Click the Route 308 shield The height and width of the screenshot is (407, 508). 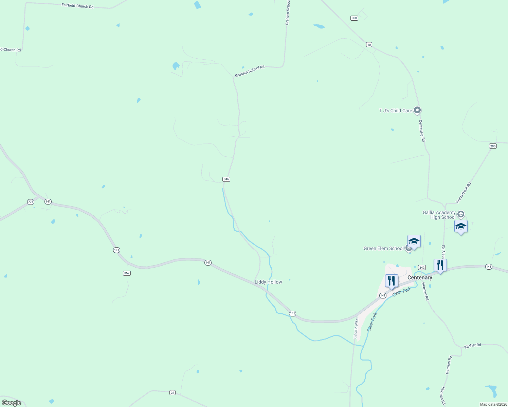pos(354,18)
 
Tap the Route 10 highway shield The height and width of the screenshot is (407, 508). pos(369,44)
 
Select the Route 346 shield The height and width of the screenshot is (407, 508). pos(226,179)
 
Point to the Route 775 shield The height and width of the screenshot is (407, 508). pos(31,202)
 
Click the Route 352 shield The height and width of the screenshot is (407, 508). pos(127,273)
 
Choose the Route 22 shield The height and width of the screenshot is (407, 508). pos(173,392)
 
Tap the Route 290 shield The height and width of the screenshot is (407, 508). pos(493,146)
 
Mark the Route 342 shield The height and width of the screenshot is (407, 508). pos(422,268)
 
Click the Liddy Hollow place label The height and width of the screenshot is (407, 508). pos(268,282)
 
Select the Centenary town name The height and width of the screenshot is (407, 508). pos(420,277)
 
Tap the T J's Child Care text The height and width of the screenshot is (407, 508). pos(395,111)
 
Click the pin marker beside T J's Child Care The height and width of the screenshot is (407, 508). pos(418,110)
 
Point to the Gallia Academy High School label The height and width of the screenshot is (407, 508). pos(439,215)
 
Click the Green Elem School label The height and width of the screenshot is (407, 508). pos(383,248)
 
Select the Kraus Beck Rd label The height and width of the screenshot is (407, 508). pos(464,193)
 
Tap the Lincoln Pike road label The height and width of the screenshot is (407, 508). pos(356,328)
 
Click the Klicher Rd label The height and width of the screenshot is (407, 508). pos(472,346)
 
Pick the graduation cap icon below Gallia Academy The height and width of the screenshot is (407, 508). pos(461,227)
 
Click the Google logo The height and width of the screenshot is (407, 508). pos(12,403)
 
